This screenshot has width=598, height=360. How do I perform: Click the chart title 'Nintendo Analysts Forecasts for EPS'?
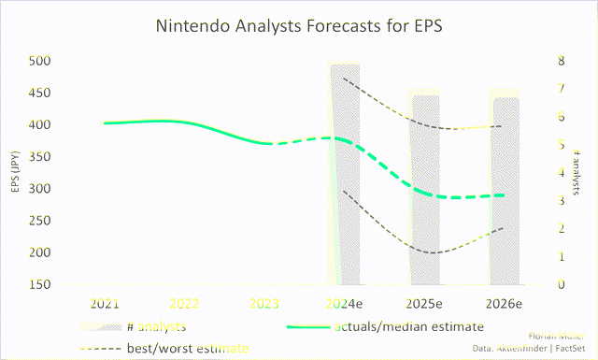(x=298, y=27)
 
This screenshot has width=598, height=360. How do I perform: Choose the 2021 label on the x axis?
(x=105, y=304)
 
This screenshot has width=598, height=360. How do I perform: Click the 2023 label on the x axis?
(x=264, y=304)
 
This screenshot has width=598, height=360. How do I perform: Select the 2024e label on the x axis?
(x=345, y=304)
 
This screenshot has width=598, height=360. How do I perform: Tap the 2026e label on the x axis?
(x=505, y=304)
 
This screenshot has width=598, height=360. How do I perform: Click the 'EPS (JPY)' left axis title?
(x=15, y=173)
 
